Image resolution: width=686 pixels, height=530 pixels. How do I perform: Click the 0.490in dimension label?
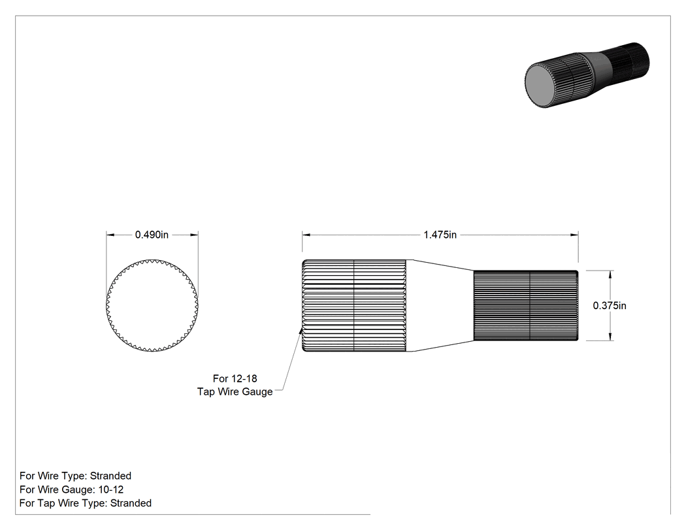pos(152,235)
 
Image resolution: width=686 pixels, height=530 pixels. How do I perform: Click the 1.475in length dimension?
pos(440,235)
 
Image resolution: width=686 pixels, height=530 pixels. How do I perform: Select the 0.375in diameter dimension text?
pos(610,305)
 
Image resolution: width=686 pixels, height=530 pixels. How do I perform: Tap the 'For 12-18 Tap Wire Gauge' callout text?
pos(235,385)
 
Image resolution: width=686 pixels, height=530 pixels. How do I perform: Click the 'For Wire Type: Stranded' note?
pos(75,476)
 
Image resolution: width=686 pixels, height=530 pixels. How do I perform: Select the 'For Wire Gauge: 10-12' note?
pos(71,489)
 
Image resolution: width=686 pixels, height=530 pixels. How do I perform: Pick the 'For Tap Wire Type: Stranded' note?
pos(86,503)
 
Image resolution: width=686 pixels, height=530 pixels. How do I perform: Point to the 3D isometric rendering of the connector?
pos(587,75)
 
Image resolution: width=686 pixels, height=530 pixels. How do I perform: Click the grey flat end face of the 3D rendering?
pos(542,86)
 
